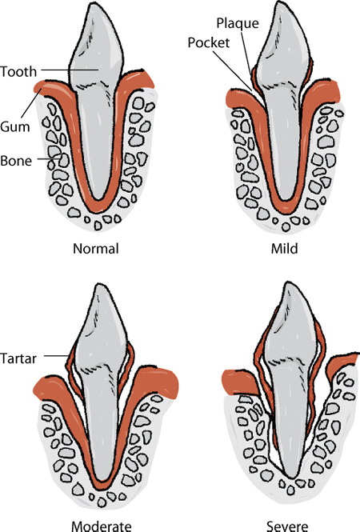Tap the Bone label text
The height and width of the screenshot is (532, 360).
[17, 161]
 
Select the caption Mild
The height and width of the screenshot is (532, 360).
[285, 248]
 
